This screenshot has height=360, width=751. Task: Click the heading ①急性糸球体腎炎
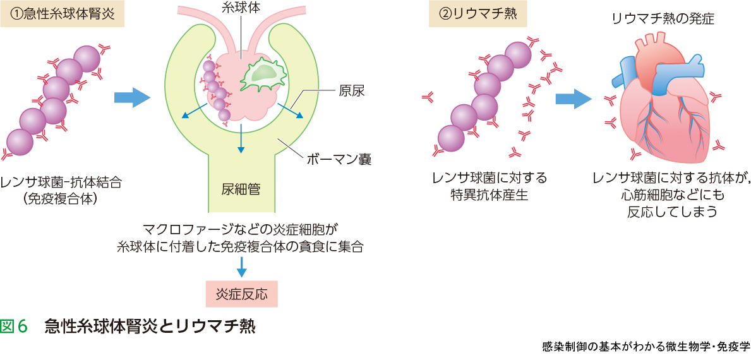point(62,14)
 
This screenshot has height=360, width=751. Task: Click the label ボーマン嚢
point(338,159)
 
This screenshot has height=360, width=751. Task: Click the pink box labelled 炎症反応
point(241,294)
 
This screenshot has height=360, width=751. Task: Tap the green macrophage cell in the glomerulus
point(261,73)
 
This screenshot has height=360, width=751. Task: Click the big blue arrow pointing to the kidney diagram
point(133,97)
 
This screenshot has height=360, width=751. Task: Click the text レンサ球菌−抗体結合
point(61,183)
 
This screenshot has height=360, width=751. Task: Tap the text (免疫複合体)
point(61,198)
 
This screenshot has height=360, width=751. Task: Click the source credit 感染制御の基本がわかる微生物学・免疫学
point(646,347)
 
